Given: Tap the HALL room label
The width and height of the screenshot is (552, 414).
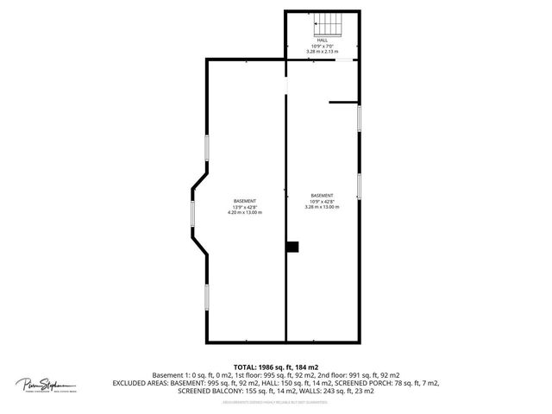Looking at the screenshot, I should (322, 41).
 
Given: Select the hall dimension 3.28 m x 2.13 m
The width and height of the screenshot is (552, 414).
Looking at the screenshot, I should (322, 52).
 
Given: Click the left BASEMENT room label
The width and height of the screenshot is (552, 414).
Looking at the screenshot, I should (244, 201).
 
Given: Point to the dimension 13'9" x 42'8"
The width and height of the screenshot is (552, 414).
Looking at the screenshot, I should (244, 207).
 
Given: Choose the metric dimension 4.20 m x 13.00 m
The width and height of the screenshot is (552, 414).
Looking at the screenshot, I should (244, 212).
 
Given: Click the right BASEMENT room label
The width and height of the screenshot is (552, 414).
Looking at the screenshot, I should (322, 195).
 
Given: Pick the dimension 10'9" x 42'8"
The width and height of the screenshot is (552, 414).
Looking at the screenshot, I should (322, 201).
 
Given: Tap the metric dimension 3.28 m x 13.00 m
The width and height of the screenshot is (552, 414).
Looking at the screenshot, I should (322, 207).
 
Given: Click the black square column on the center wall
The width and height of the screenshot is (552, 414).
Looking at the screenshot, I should (292, 247).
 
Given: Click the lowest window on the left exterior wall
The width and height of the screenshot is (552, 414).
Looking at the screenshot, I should (207, 297).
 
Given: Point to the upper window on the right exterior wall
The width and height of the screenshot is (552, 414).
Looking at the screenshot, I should (359, 118).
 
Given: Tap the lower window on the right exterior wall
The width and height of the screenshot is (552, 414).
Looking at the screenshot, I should (359, 185).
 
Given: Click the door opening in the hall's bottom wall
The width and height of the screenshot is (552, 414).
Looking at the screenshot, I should (344, 60).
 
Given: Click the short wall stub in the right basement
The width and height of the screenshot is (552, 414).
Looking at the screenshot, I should (343, 103).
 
